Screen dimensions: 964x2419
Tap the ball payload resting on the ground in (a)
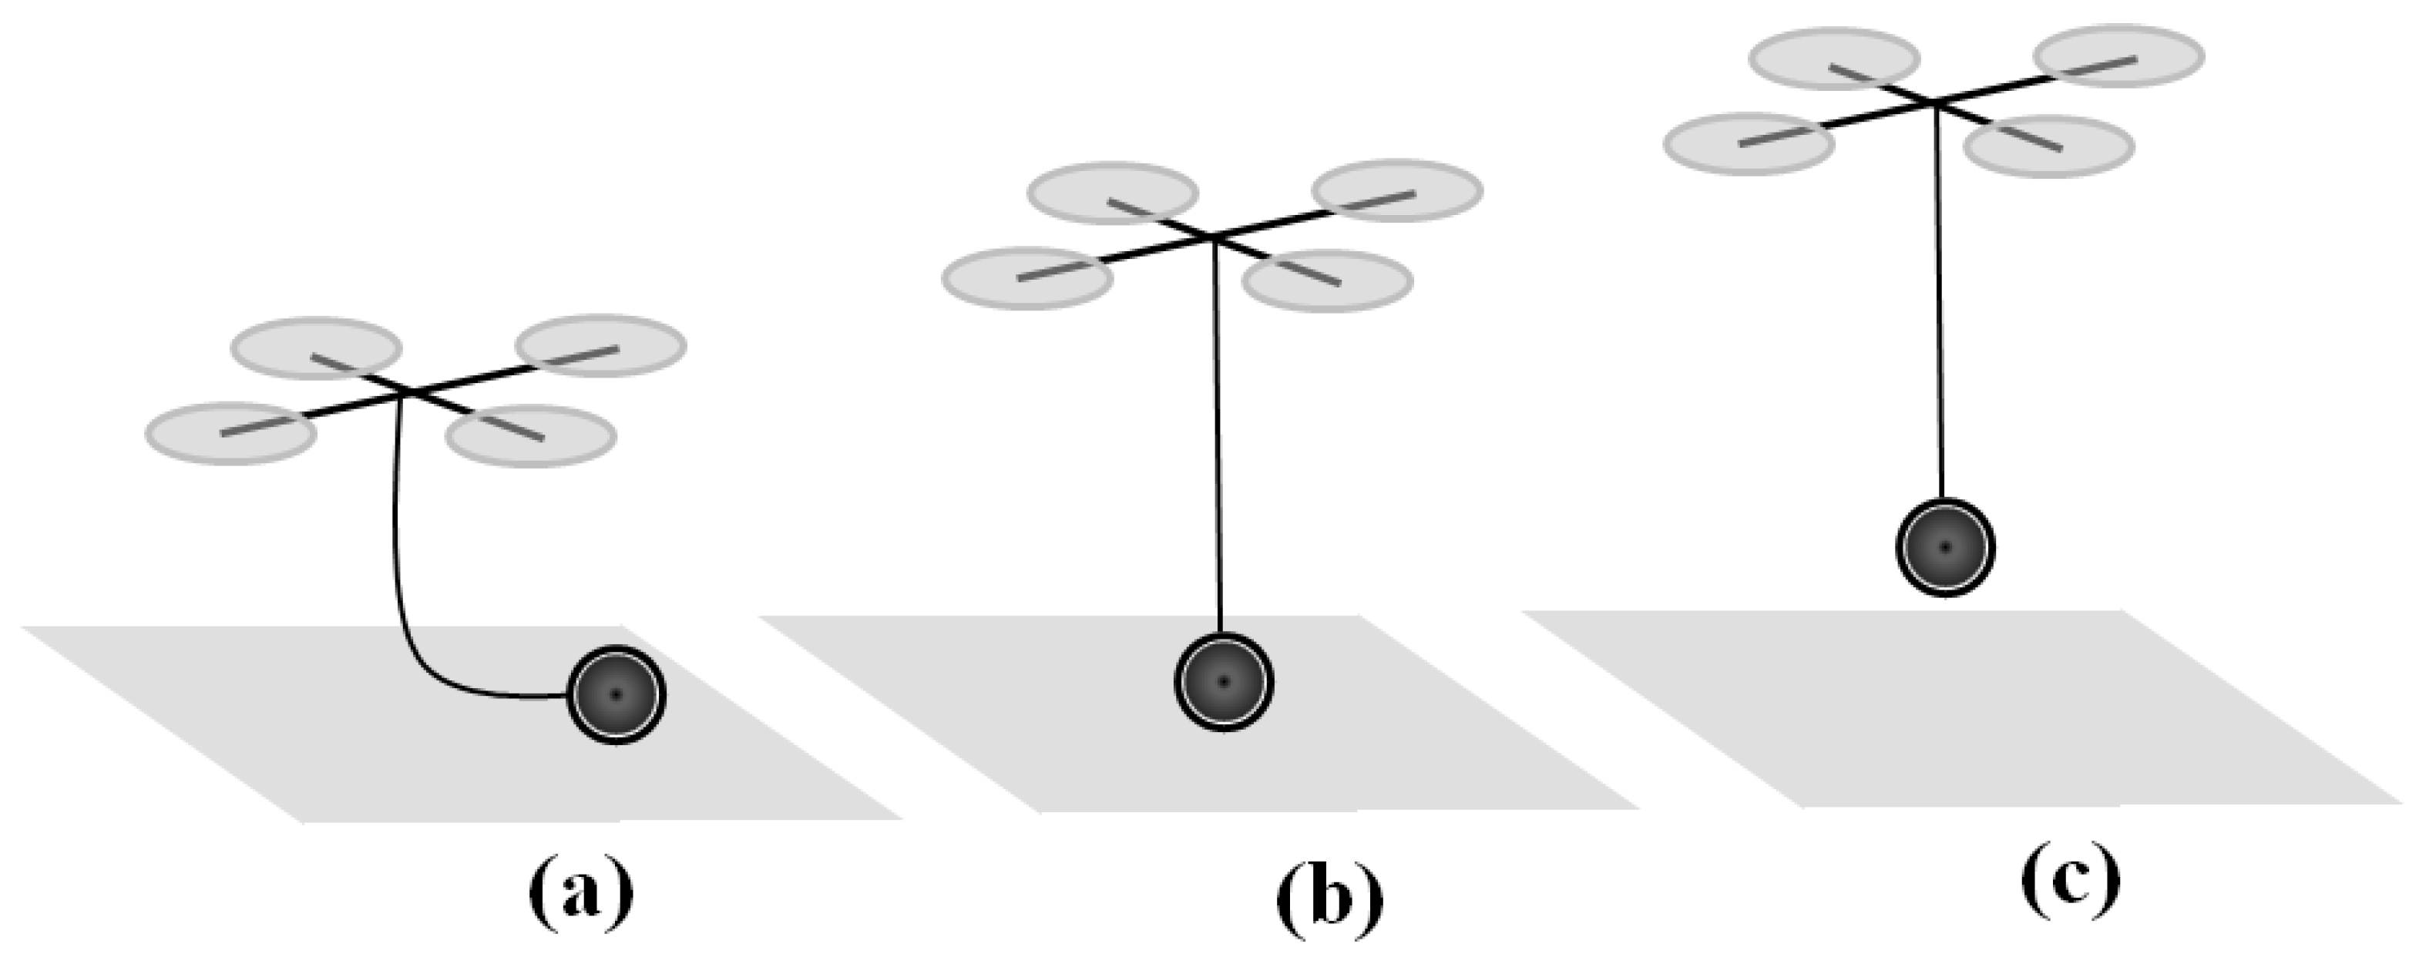[x=616, y=694]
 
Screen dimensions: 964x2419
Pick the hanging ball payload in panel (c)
[x=1945, y=547]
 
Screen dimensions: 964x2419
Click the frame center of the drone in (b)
[x=1213, y=237]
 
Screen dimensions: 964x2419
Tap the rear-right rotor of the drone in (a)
[x=601, y=345]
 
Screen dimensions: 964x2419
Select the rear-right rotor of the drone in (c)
[x=2120, y=55]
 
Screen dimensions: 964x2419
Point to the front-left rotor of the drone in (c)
[x=1749, y=143]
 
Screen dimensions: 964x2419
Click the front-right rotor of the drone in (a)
[x=529, y=435]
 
